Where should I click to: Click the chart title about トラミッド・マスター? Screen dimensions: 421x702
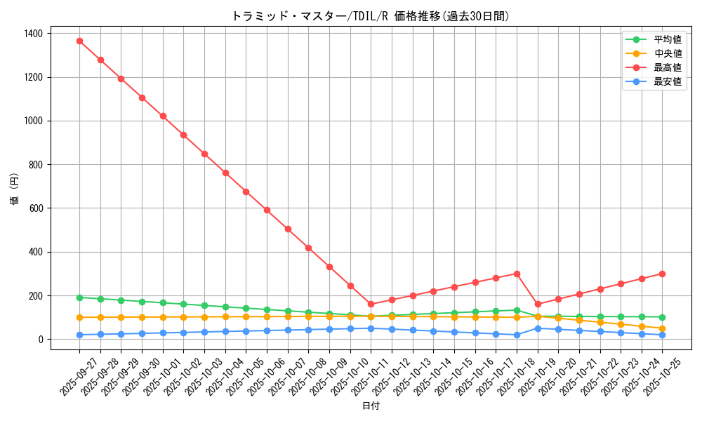(371, 16)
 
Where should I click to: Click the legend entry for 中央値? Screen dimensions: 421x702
(668, 53)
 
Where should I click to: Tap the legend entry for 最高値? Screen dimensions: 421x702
(668, 67)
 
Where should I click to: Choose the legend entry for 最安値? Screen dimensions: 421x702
(668, 81)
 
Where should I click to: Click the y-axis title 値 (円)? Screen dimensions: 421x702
(15, 190)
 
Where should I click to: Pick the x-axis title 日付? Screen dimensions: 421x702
(371, 406)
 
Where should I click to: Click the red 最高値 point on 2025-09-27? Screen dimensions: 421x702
(79, 41)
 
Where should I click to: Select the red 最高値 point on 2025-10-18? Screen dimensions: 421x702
(517, 274)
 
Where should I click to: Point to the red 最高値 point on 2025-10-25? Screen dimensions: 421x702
(662, 274)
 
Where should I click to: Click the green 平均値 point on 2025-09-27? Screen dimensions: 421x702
(79, 298)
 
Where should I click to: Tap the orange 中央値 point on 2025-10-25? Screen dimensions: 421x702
(662, 328)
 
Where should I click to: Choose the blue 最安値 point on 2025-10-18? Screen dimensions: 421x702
(517, 335)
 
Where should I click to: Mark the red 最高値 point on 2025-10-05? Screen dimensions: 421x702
(246, 192)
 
